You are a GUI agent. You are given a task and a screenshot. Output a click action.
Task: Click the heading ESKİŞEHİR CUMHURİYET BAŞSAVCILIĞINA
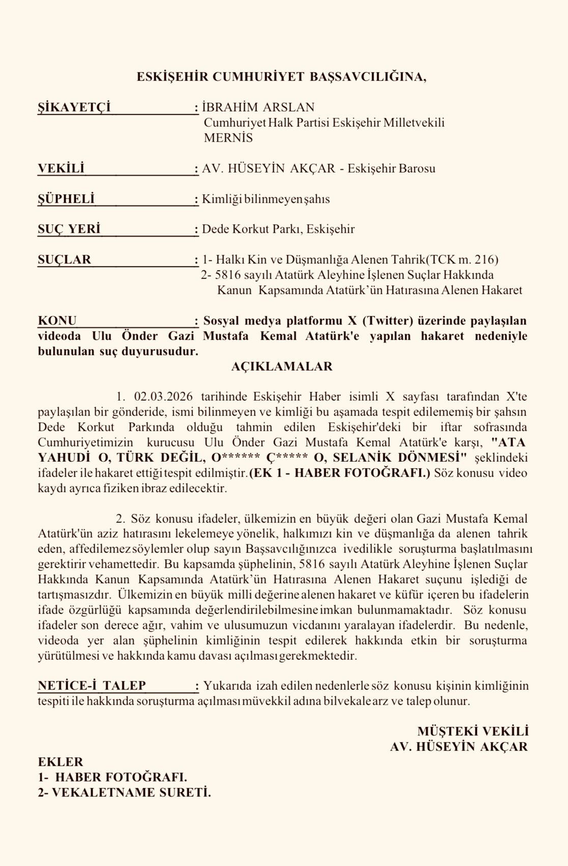tap(281, 77)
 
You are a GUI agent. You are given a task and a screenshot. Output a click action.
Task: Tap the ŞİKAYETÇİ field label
tap(74, 107)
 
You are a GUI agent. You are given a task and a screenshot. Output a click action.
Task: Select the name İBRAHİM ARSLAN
tap(258, 107)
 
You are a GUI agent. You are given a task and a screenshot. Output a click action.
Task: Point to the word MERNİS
tap(228, 138)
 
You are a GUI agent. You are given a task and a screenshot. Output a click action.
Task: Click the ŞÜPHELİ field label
tap(66, 199)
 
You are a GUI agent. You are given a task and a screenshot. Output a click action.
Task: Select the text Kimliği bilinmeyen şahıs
tap(266, 199)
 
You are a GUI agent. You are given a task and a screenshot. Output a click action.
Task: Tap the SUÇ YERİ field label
tap(69, 229)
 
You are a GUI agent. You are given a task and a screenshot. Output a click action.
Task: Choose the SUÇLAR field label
tap(64, 260)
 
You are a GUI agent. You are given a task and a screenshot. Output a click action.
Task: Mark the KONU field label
tap(57, 321)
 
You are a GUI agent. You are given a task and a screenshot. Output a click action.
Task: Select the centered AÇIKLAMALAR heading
tap(281, 367)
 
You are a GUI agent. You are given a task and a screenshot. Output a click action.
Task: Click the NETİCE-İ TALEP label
tap(92, 686)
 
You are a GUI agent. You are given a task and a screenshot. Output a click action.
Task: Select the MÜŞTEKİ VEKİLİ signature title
tap(473, 731)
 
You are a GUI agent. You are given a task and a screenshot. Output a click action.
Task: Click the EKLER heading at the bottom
tap(60, 762)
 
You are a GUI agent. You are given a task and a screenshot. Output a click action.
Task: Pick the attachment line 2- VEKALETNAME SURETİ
tap(124, 793)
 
